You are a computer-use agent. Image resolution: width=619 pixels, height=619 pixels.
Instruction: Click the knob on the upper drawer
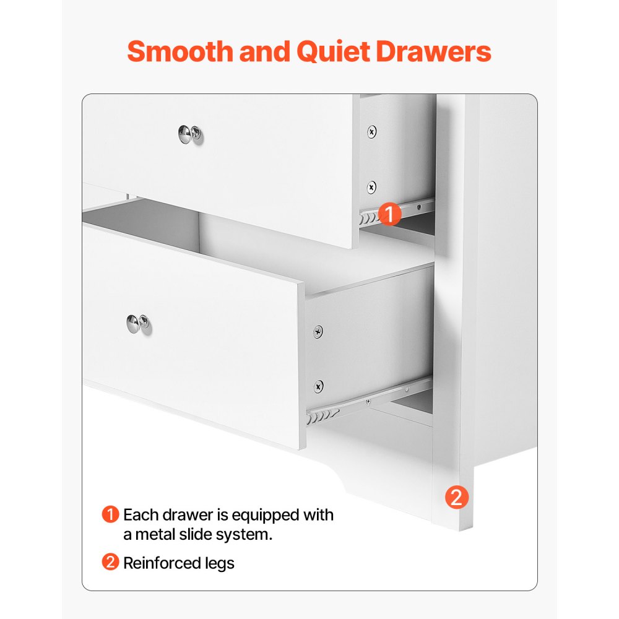pyautogui.click(x=190, y=134)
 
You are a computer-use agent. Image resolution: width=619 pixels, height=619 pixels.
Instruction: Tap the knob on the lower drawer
pyautogui.click(x=138, y=323)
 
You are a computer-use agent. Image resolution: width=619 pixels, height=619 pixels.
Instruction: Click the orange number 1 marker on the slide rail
pyautogui.click(x=390, y=214)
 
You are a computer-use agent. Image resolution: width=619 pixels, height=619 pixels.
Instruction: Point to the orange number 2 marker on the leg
pyautogui.click(x=457, y=497)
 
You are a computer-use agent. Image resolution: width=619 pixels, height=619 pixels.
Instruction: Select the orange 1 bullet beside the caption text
pyautogui.click(x=110, y=515)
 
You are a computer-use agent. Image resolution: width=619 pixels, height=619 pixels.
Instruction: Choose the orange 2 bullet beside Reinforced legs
pyautogui.click(x=110, y=563)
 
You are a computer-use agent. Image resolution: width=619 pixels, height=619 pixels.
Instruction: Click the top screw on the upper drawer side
pyautogui.click(x=371, y=131)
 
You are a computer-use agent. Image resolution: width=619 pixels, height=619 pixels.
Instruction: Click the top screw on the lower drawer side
pyautogui.click(x=318, y=332)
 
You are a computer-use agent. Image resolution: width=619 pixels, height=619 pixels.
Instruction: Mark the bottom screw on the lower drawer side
pyautogui.click(x=318, y=386)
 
